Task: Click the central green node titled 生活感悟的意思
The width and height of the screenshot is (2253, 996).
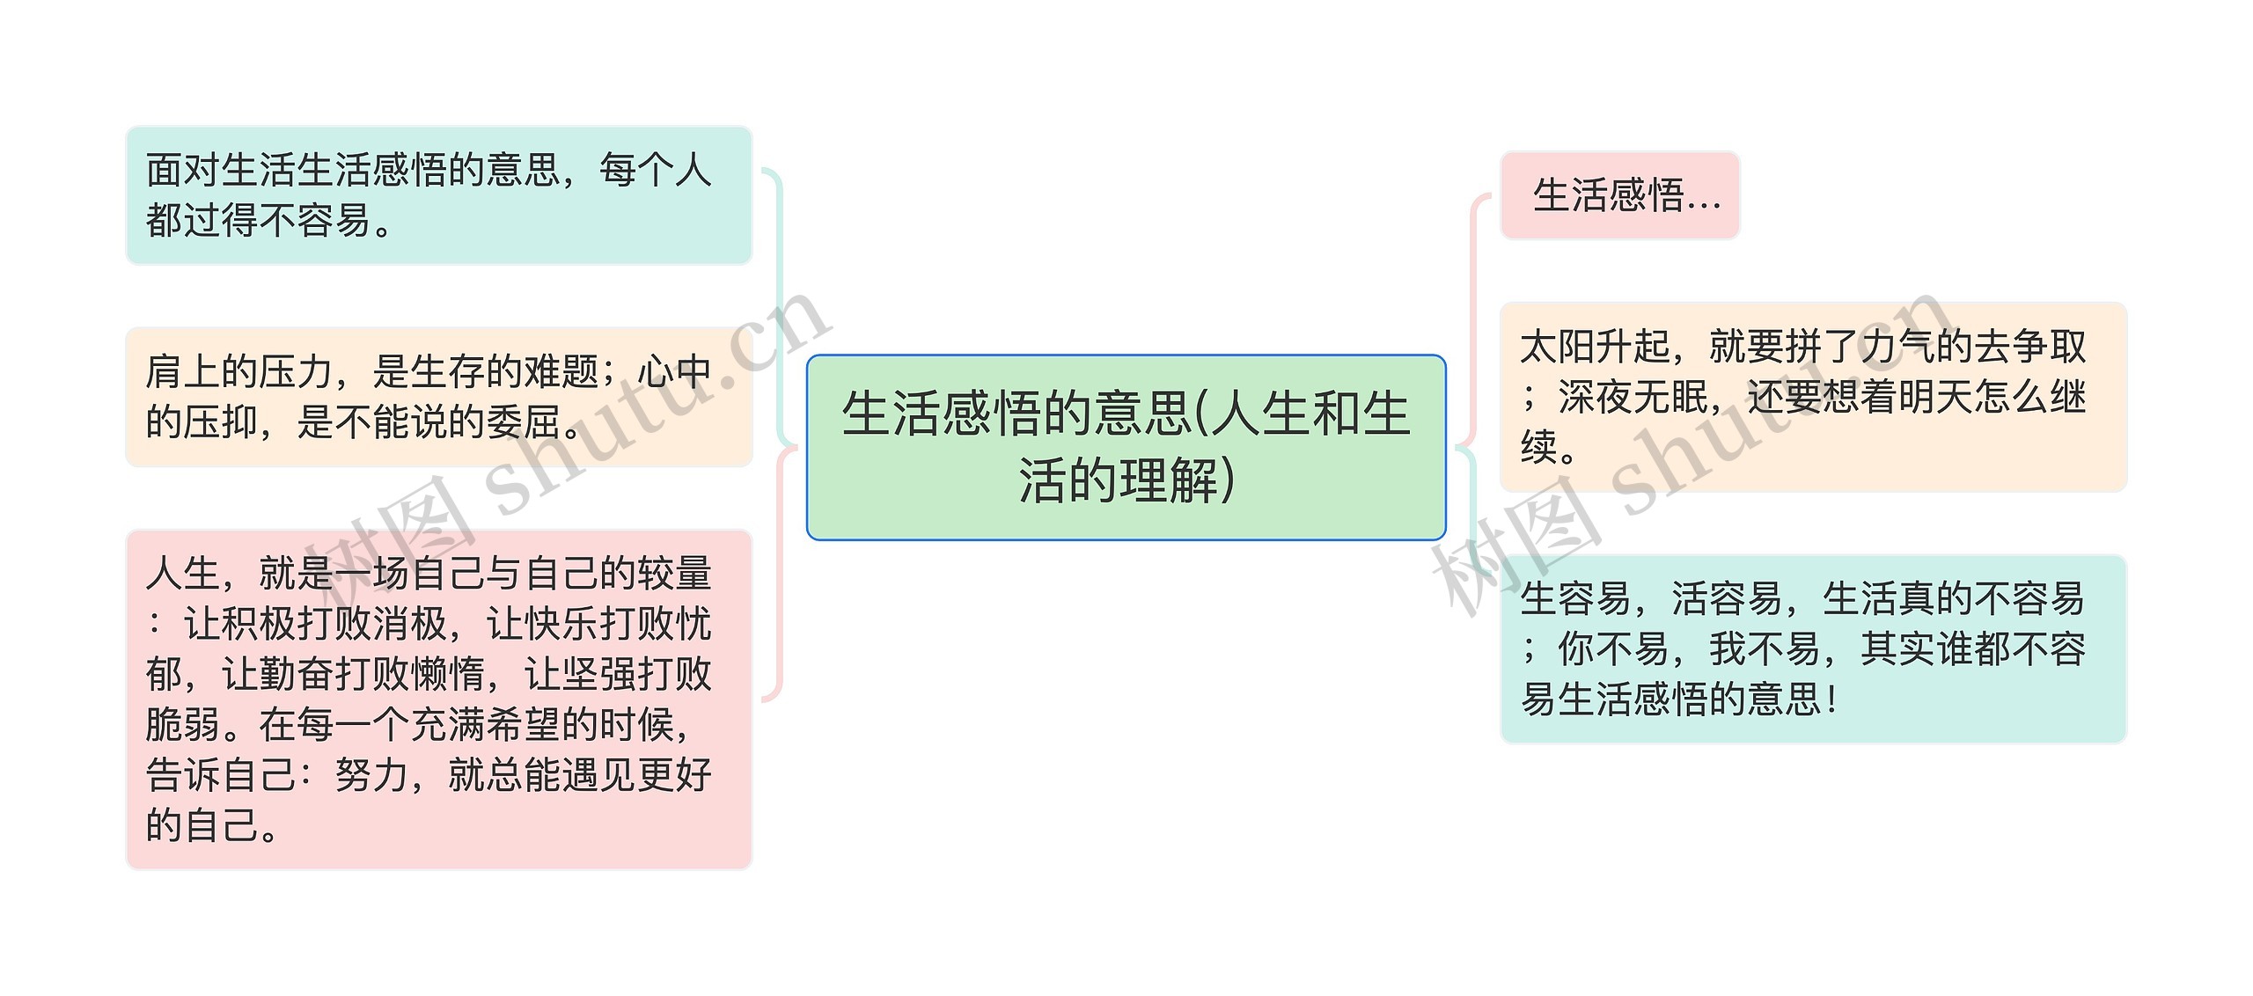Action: pos(1126,447)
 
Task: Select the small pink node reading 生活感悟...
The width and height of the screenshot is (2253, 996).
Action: pos(1619,195)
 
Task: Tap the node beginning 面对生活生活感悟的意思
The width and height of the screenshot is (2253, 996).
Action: pos(438,195)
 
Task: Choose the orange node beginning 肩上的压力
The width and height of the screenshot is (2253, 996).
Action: pos(438,397)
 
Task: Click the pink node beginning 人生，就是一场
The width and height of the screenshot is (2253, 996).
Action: pos(438,699)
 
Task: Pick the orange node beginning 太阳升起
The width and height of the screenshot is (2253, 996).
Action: pos(1813,397)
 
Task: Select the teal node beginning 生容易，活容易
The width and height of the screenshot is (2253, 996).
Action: pos(1813,648)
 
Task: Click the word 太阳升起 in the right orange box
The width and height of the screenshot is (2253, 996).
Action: pos(1595,347)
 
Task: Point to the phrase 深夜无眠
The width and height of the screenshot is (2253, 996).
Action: pos(1633,397)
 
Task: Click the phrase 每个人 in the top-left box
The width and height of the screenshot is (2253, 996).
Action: pos(656,170)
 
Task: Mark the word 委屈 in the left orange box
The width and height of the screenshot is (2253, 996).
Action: pos(525,422)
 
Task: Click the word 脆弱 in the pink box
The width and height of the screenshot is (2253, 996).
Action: pos(183,725)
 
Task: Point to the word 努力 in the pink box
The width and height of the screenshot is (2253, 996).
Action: pos(372,776)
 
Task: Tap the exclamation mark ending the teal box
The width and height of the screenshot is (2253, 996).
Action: pos(1831,700)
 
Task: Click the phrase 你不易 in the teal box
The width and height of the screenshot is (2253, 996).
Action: pos(1613,649)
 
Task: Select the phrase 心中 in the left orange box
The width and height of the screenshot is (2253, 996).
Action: pos(675,372)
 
